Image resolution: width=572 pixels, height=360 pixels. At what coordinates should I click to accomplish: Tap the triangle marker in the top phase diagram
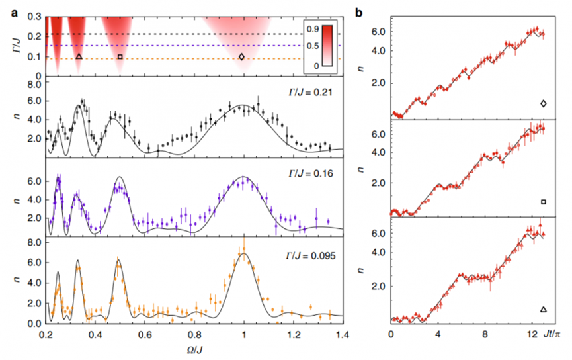[x=79, y=57]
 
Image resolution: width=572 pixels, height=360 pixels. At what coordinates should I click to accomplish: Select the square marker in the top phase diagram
[x=120, y=57]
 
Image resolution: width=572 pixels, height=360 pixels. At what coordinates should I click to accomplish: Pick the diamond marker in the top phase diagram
[x=241, y=57]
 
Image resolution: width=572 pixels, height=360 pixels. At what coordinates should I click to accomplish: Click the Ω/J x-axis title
[x=193, y=350]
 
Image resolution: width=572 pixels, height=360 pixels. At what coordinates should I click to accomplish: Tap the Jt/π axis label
[x=552, y=336]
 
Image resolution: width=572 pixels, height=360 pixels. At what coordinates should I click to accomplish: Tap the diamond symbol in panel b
[x=543, y=103]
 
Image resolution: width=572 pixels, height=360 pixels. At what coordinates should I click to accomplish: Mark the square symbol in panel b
[x=543, y=201]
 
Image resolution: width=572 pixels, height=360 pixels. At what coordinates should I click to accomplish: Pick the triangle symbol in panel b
[x=543, y=309]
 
